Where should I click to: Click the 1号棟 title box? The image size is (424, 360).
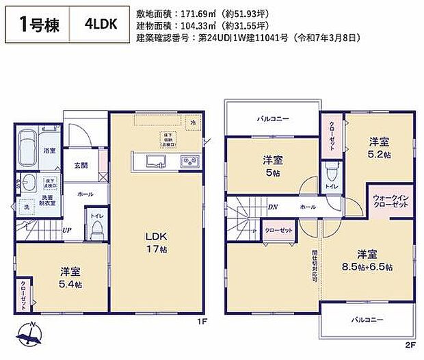coord(39,25)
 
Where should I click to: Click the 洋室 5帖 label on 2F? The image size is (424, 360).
coord(272,166)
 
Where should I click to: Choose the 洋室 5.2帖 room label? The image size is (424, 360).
coord(380,148)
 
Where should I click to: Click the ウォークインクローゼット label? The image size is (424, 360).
coord(391,202)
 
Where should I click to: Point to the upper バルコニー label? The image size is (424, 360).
coord(273,119)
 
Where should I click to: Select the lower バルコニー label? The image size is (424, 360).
coord(367,318)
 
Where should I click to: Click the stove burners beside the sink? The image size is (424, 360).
coord(188,162)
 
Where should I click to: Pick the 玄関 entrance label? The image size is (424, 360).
coord(81,165)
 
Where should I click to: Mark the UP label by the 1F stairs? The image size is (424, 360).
coord(68,230)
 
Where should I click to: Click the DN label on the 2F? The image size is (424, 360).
coord(272,206)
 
